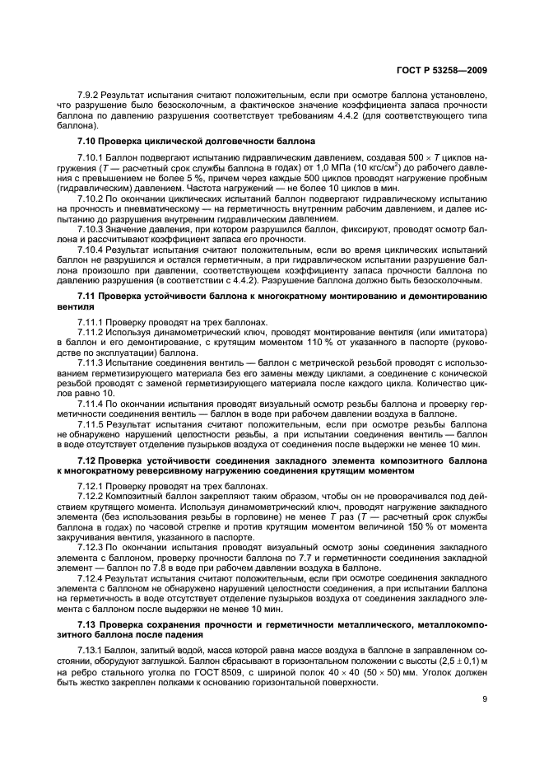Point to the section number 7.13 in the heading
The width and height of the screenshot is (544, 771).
pyautogui.click(x=87, y=630)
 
